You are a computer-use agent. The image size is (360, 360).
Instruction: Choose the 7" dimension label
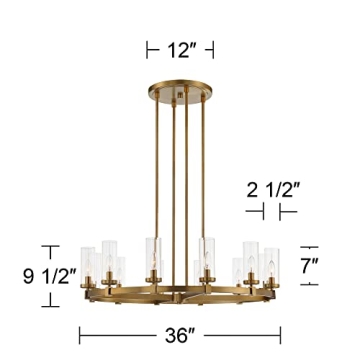coord(313,266)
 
